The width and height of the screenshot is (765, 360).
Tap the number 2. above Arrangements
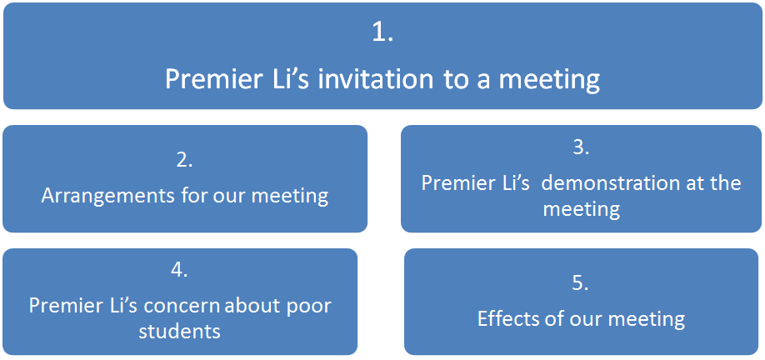point(185,161)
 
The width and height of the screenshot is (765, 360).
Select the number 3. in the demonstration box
point(581,147)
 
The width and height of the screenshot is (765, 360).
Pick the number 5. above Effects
point(581,283)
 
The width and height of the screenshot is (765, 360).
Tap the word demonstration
point(611,182)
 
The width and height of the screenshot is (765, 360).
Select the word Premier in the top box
point(212,79)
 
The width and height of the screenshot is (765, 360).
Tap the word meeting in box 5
point(646,318)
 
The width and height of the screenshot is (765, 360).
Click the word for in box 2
point(198,197)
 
